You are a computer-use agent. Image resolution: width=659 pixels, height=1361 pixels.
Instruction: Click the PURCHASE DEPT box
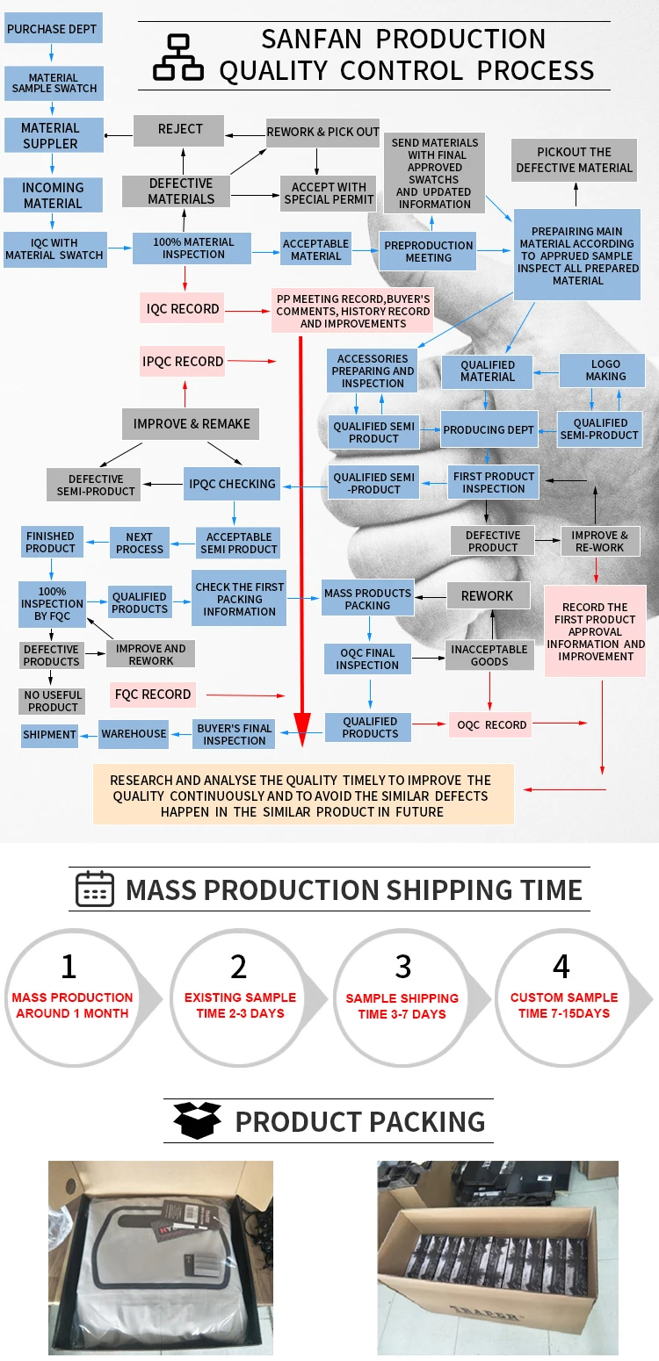pos(52,29)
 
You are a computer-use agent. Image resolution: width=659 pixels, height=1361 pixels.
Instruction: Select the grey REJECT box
pos(180,130)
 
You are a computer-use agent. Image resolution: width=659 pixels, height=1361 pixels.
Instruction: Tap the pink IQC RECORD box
pos(183,308)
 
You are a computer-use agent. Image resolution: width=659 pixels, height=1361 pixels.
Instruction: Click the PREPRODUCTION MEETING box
pos(429,252)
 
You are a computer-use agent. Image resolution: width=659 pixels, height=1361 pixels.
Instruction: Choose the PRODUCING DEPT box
pos(489,430)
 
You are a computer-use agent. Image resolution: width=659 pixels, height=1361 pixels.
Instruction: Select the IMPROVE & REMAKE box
pos(192,424)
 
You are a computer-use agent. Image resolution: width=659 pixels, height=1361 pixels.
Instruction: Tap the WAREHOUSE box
pos(134,734)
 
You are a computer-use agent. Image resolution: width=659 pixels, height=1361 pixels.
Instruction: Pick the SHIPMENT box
pos(49,735)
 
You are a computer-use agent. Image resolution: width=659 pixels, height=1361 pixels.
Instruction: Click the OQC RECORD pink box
pos(491,725)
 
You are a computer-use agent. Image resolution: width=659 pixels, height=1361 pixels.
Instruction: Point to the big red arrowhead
pos(301,726)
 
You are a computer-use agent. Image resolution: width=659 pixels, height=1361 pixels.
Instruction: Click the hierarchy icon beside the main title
pos(178,57)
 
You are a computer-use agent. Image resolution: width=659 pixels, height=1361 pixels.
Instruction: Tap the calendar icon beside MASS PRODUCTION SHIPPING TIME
pos(95,889)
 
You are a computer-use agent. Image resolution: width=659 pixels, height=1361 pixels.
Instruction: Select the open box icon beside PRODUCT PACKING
pos(198,1121)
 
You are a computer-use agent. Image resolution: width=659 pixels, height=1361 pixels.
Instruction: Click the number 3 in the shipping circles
pos(402,966)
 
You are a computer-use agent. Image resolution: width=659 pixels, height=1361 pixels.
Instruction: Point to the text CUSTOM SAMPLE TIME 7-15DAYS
pos(564,1005)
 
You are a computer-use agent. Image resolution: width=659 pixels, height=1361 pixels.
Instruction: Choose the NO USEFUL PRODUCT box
pos(53,701)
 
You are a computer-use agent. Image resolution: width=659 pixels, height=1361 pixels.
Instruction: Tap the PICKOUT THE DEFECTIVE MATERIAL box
pos(575,160)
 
